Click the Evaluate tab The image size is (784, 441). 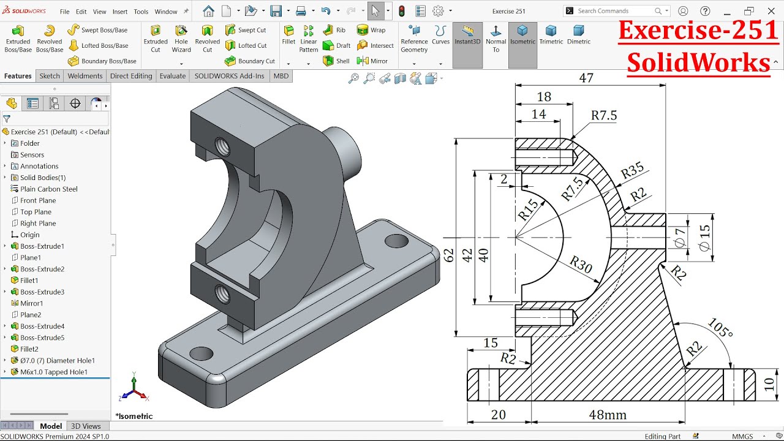173,76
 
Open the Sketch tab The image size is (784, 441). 50,76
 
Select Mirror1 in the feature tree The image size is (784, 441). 31,303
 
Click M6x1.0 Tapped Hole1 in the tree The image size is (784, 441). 53,372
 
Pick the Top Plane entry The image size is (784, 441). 36,212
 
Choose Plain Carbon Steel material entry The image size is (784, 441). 48,189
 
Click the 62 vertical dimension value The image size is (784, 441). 449,255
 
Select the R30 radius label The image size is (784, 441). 581,264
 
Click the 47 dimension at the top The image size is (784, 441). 586,78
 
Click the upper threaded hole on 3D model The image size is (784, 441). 222,145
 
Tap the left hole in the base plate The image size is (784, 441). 201,353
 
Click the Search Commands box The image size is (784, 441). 615,11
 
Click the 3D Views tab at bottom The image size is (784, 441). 86,426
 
